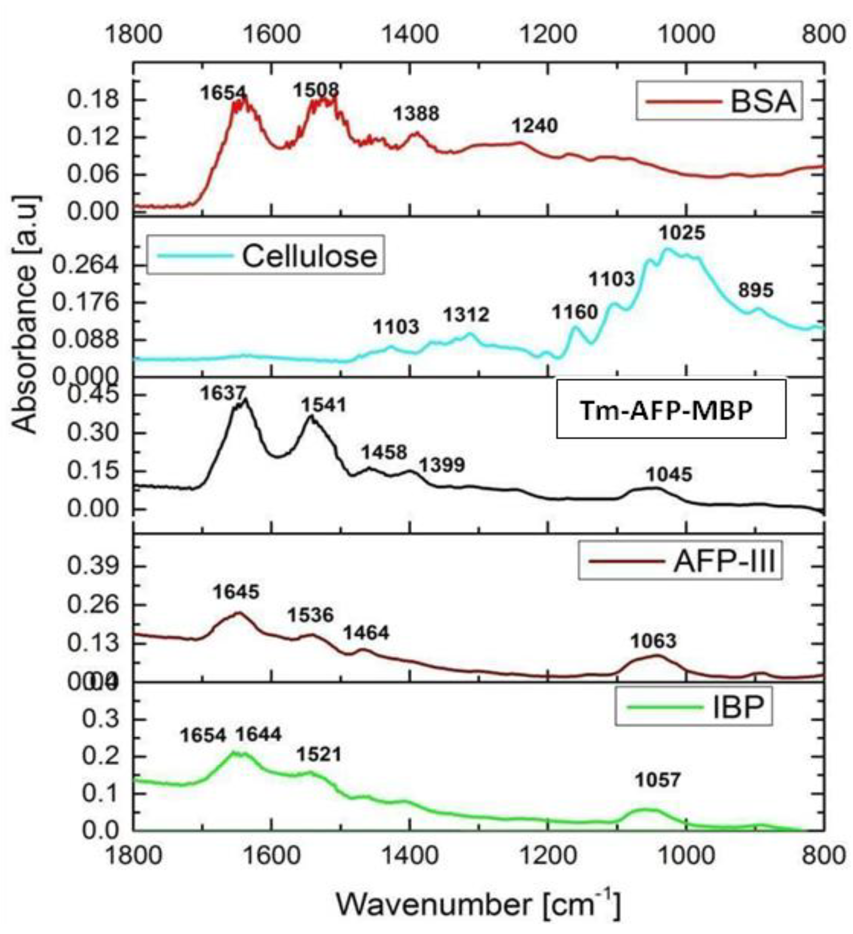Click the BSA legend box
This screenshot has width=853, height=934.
719,101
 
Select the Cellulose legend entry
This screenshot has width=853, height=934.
265,255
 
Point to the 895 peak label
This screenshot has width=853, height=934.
756,290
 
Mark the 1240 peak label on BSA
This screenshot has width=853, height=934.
535,126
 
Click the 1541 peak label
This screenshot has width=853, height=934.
324,405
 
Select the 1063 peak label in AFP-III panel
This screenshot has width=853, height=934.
653,641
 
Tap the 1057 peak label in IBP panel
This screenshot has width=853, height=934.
657,780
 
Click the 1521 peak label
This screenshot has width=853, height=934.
318,754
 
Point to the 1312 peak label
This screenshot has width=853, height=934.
466,315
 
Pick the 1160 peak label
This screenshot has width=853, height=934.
575,312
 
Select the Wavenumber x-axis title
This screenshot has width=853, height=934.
477,904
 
